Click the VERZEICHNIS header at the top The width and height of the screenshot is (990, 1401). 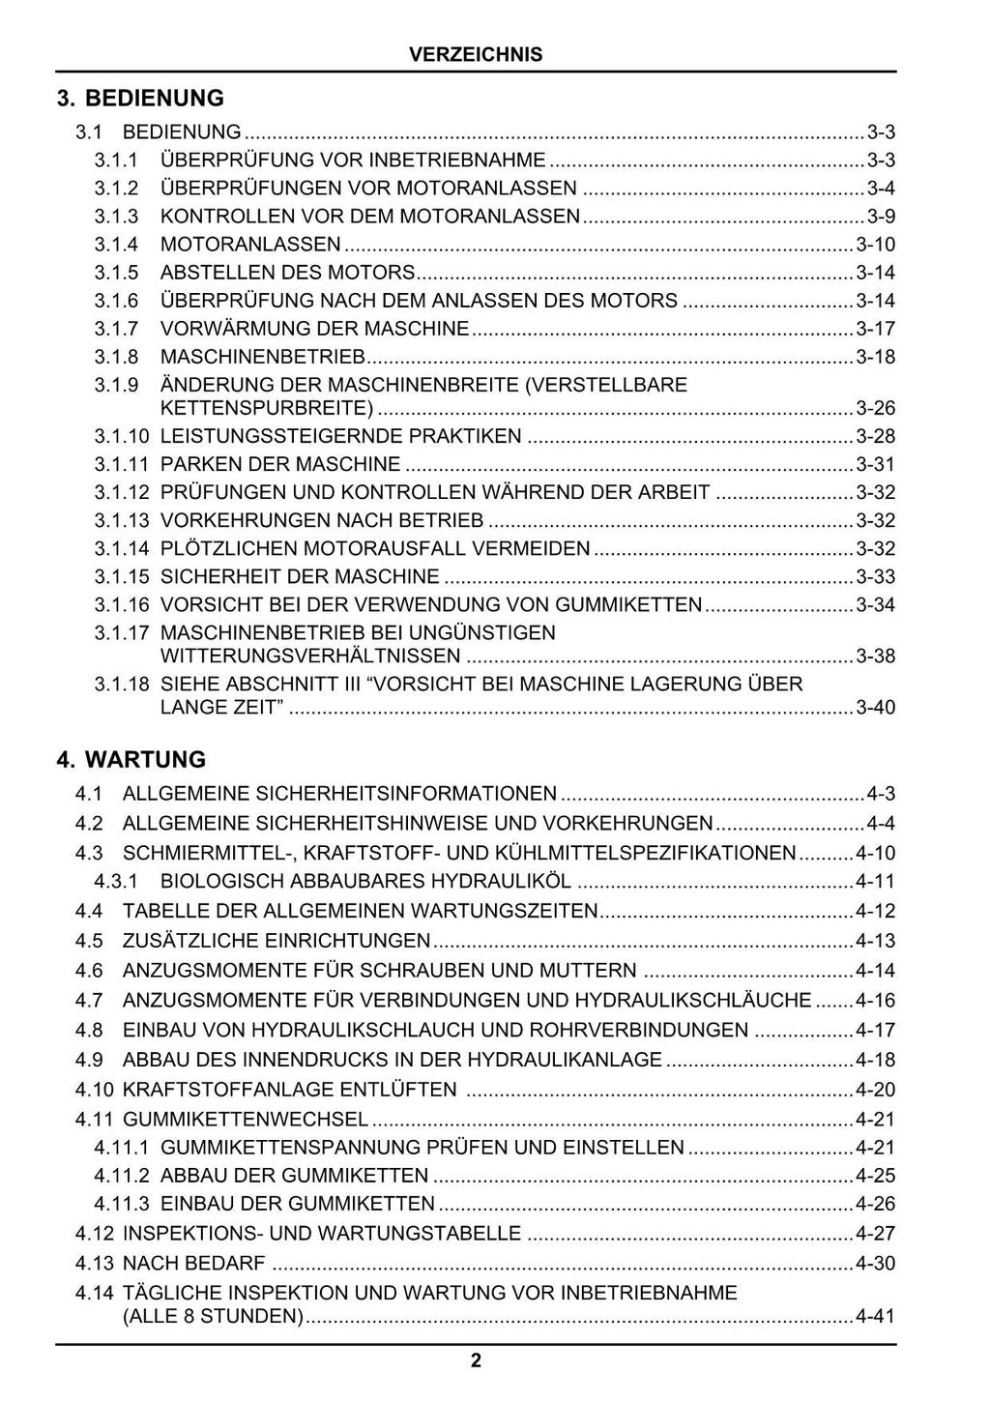coord(476,55)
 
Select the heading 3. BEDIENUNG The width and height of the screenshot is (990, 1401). coord(140,99)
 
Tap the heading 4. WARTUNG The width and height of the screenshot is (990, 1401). coord(131,760)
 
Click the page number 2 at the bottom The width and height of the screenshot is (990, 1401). coord(476,1362)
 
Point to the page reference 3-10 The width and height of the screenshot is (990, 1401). coord(876,245)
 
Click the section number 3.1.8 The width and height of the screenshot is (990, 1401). coord(116,357)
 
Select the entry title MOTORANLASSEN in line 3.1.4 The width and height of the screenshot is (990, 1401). coord(250,245)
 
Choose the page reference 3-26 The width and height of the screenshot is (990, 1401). coord(876,408)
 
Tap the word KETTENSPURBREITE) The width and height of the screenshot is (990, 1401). coord(267,408)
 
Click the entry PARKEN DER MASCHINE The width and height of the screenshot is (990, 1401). coord(280,465)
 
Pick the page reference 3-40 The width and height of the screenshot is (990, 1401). coord(876,708)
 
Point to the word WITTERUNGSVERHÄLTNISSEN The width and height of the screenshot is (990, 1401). coord(310,657)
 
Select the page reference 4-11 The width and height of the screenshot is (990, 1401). coord(876,882)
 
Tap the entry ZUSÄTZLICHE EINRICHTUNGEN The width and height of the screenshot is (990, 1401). coord(277,941)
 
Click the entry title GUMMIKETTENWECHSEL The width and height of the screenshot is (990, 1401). coord(246,1120)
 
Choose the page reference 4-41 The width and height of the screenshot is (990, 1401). coord(876,1317)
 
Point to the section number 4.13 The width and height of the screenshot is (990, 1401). coord(94,1264)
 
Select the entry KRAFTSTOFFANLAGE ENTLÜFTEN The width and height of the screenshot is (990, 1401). coord(289,1090)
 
